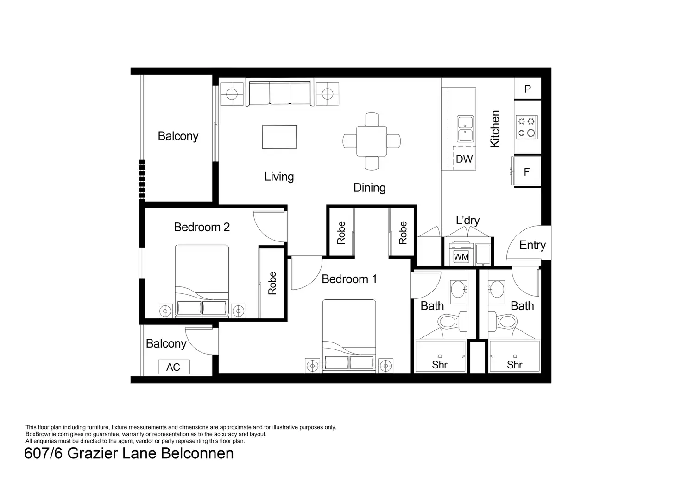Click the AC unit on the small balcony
[173, 367]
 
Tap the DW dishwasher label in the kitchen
[464, 159]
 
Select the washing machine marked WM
[461, 256]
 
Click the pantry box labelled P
[527, 89]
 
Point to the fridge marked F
[526, 172]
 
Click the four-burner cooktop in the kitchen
[527, 127]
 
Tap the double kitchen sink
[465, 128]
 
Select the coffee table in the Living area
[279, 137]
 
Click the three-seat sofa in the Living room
[280, 94]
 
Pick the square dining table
[371, 141]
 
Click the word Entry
[532, 245]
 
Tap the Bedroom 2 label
[202, 227]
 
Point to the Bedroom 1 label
[349, 279]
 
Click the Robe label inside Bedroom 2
[272, 283]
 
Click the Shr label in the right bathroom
[514, 365]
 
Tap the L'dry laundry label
[467, 220]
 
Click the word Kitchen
[495, 129]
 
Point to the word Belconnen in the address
[197, 453]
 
